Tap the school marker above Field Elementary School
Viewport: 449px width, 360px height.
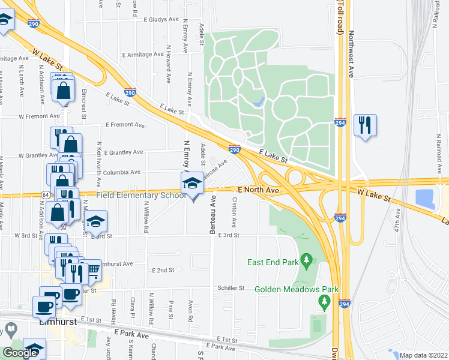click(193, 183)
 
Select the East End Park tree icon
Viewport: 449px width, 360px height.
click(307, 260)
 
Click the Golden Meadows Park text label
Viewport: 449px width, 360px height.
click(297, 289)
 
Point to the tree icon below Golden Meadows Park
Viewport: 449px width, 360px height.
click(325, 300)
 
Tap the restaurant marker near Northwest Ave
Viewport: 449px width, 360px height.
click(365, 125)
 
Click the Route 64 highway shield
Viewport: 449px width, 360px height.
click(46, 195)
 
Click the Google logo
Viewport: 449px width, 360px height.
click(20, 353)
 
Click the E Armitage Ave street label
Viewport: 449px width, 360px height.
click(143, 54)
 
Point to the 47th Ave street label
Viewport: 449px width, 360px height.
click(397, 221)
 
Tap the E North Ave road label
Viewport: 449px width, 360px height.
click(258, 190)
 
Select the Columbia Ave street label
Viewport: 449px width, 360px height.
click(121, 172)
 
